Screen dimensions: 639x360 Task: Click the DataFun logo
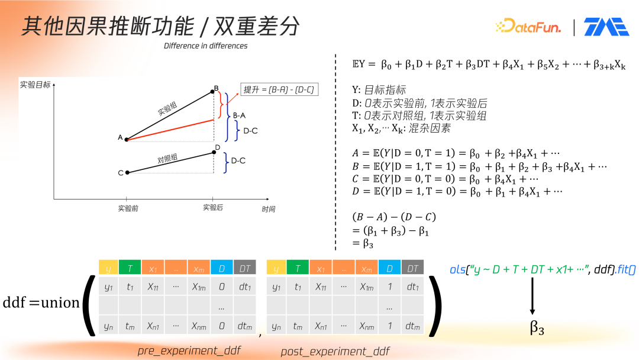pos(528,26)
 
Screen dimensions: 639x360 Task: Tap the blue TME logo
pos(606,27)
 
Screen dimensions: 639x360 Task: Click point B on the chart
pos(212,92)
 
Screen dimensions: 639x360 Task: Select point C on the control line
pos(128,172)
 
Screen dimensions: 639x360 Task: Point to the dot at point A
pos(127,139)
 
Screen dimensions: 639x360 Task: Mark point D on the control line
pos(214,152)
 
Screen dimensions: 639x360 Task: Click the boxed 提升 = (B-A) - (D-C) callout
pos(279,89)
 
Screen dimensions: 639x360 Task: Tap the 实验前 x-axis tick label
pos(128,208)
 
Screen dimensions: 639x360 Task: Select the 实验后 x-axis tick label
pos(213,207)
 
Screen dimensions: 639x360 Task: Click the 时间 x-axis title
pos(268,209)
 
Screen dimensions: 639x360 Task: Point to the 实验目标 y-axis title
pos(35,85)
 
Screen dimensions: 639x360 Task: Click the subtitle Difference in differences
pos(205,46)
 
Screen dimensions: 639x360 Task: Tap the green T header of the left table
pos(130,268)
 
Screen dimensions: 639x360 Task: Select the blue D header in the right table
pos(389,268)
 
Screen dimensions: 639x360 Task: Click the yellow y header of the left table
pos(108,268)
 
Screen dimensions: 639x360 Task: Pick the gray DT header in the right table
pos(412,268)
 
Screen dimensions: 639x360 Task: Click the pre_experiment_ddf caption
pos(189,351)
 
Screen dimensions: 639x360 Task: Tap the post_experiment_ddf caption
pos(335,352)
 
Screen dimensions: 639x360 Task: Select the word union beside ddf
pos(60,303)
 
